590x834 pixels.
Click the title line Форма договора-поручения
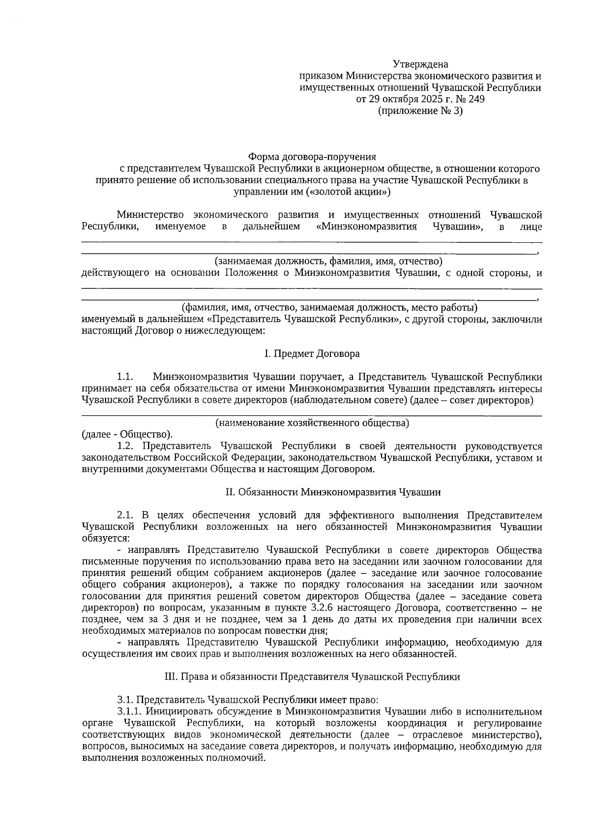click(312, 157)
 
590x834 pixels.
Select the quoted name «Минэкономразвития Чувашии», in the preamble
click(399, 227)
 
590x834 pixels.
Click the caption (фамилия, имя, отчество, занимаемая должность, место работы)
click(329, 308)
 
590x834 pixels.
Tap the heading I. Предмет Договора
click(312, 354)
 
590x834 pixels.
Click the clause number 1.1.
click(125, 377)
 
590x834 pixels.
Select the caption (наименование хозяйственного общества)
click(312, 423)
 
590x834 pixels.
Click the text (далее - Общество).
click(127, 434)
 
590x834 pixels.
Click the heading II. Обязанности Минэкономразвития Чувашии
click(333, 492)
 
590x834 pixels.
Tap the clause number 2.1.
click(125, 516)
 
